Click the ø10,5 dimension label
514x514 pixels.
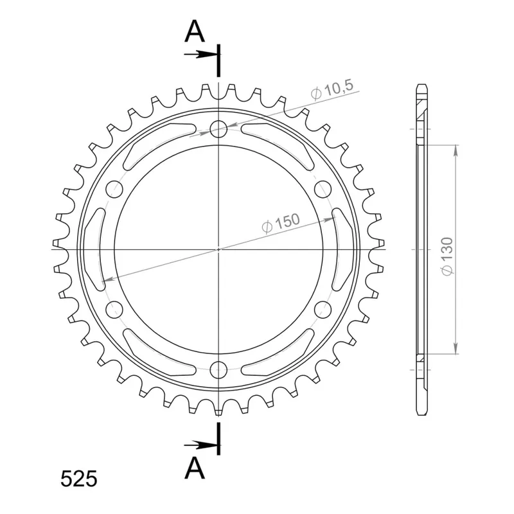(x=332, y=89)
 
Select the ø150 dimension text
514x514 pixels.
(x=281, y=223)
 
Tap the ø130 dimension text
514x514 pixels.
(x=447, y=256)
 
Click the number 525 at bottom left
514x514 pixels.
(x=78, y=479)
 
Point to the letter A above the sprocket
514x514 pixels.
(x=195, y=31)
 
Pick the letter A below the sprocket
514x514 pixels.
(x=195, y=468)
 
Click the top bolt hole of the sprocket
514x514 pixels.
(x=218, y=129)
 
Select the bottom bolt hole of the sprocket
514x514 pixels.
(x=218, y=370)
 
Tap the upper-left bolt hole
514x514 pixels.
(x=114, y=189)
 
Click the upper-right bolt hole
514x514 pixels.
(x=323, y=189)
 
